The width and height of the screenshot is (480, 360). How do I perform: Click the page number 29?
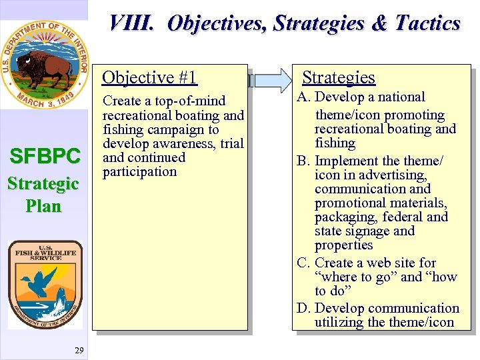pyautogui.click(x=79, y=350)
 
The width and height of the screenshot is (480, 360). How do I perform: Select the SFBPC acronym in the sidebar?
pyautogui.click(x=45, y=157)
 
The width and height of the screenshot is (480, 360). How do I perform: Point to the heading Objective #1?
pyautogui.click(x=149, y=78)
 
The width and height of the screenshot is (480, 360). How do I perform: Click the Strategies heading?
pyautogui.click(x=339, y=78)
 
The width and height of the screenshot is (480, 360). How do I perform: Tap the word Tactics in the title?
pyautogui.click(x=427, y=23)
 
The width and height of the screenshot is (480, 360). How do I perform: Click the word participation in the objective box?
pyautogui.click(x=139, y=172)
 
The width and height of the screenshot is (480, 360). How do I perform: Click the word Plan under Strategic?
pyautogui.click(x=44, y=206)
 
